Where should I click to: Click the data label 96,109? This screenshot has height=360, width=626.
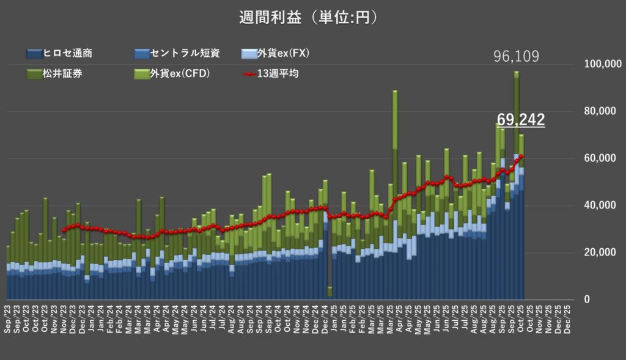point(516,57)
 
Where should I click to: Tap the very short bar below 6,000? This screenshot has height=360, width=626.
point(330,292)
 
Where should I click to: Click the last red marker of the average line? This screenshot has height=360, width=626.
point(521,156)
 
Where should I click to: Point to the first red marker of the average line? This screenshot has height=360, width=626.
point(63,230)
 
